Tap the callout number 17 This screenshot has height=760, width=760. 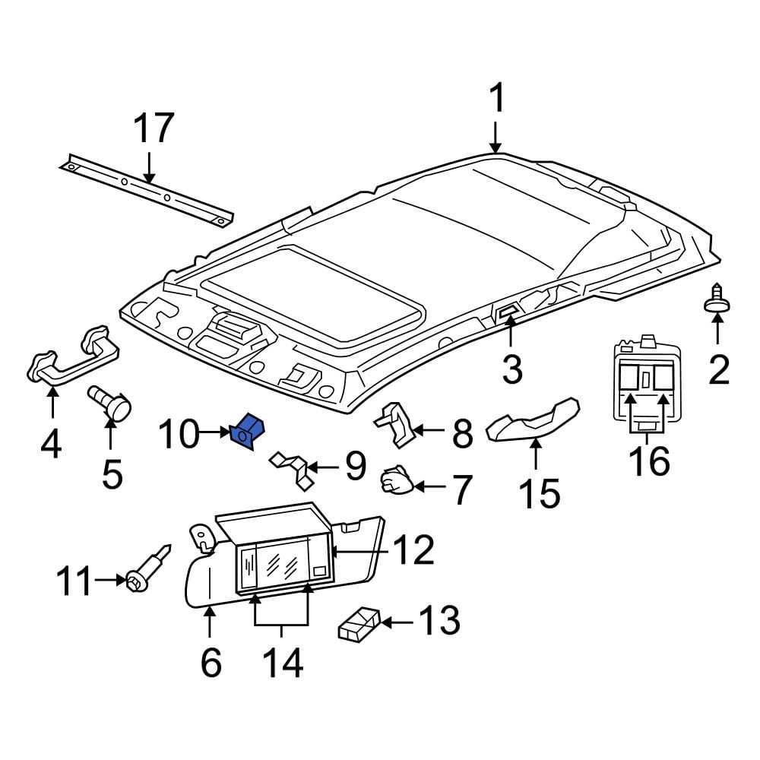[x=154, y=128]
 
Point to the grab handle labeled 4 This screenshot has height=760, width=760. [x=73, y=357]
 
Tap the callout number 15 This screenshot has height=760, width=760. [x=540, y=493]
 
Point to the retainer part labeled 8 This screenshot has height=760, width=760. [x=394, y=425]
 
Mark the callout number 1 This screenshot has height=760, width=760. [x=497, y=99]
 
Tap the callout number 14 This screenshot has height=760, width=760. [x=283, y=662]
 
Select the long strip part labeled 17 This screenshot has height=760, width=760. [x=147, y=190]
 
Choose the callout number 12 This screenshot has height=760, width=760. [x=413, y=550]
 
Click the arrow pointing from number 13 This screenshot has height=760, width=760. [x=397, y=622]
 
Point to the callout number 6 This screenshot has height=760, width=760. [x=211, y=662]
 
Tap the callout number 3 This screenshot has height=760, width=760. [x=511, y=369]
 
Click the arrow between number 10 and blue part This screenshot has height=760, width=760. [x=215, y=432]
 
